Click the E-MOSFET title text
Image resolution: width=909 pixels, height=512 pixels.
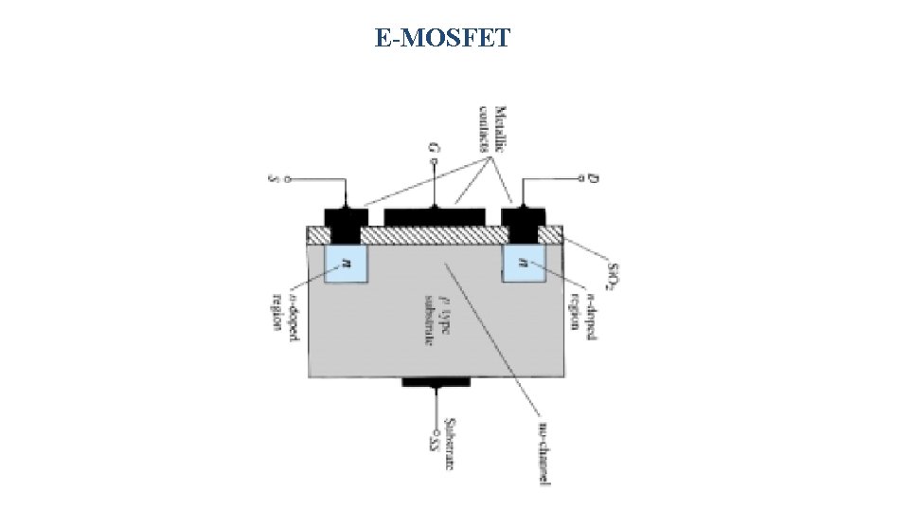point(442,39)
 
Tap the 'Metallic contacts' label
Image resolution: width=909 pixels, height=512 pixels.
point(494,128)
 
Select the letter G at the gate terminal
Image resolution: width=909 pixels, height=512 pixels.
point(434,149)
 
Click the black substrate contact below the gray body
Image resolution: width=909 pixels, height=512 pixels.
point(436,382)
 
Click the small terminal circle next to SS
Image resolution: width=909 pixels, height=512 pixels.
point(436,424)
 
